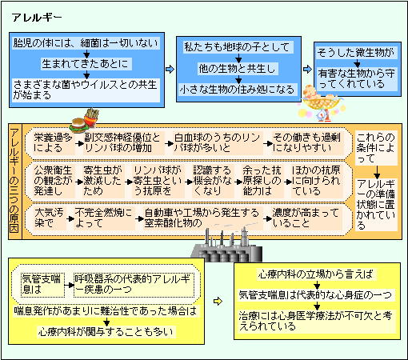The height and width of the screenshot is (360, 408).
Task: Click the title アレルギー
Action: [37, 18]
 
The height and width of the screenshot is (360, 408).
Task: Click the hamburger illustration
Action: [78, 124]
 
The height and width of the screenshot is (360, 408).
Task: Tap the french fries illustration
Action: [91, 118]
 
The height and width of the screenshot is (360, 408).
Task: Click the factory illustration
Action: [226, 246]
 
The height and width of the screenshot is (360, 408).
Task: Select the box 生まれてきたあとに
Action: [86, 64]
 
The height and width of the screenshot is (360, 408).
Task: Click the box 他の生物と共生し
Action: [238, 69]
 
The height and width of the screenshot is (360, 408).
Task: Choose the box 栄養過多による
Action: [53, 143]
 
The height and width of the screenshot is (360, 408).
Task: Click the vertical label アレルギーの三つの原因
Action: [15, 181]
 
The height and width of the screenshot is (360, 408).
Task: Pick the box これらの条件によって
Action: [376, 148]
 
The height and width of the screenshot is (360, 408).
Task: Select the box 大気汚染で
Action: [49, 218]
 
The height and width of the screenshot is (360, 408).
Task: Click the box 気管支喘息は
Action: [42, 285]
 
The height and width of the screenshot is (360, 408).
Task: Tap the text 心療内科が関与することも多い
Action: [106, 332]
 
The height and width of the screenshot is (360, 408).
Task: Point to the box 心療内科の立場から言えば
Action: [316, 274]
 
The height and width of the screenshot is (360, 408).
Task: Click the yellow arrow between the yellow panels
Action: [218, 302]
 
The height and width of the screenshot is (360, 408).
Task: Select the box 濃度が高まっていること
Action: [306, 218]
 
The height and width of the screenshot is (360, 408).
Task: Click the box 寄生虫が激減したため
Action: [102, 181]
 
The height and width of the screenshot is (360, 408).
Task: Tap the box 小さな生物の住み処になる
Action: [237, 90]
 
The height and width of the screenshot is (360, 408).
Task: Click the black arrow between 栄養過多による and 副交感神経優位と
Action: [79, 143]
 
